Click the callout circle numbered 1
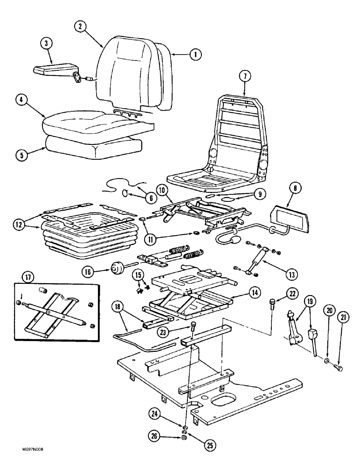(x=196, y=55)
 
